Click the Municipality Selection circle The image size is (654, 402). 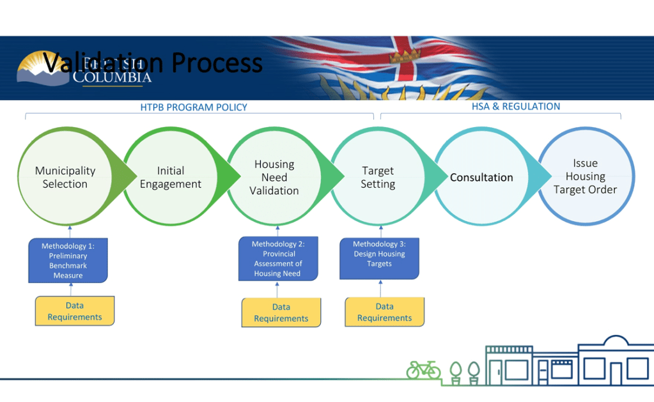pyautogui.click(x=65, y=177)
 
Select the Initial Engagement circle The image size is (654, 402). pyautogui.click(x=171, y=177)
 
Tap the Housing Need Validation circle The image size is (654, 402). pyautogui.click(x=274, y=177)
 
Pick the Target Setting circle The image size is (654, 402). pyautogui.click(x=378, y=177)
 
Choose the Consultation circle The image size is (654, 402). pyautogui.click(x=481, y=177)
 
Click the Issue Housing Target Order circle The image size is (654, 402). pyautogui.click(x=586, y=176)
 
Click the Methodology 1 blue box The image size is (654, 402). pyautogui.click(x=68, y=260)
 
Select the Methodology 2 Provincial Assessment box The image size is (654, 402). pyautogui.click(x=278, y=259)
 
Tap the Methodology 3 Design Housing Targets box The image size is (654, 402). pyautogui.click(x=379, y=258)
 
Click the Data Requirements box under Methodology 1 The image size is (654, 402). pyautogui.click(x=75, y=311)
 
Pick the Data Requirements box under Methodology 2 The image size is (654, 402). pyautogui.click(x=281, y=313)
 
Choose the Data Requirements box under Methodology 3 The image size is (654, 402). pyautogui.click(x=385, y=312)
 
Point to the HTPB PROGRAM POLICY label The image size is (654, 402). pyautogui.click(x=194, y=107)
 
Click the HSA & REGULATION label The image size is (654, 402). pyautogui.click(x=516, y=107)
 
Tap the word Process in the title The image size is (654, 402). pyautogui.click(x=217, y=63)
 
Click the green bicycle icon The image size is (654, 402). pyautogui.click(x=423, y=369)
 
